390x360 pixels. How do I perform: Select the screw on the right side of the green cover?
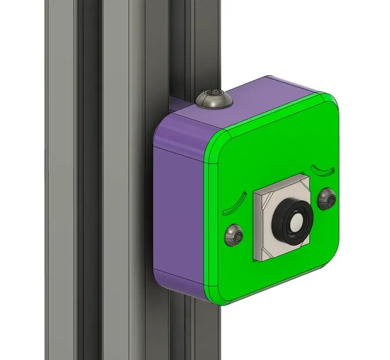point(324,199)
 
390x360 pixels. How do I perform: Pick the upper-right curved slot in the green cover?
point(322,169)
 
